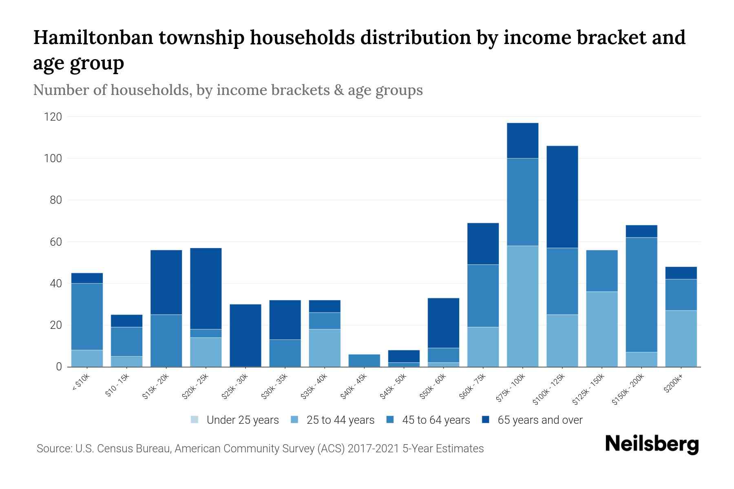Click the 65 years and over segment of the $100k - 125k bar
point(562,197)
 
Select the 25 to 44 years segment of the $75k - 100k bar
point(522,306)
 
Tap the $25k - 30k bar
point(245,335)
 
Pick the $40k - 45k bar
point(364,360)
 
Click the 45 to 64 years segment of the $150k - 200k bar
point(641,295)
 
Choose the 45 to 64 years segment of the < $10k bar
point(87,317)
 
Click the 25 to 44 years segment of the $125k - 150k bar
point(602,329)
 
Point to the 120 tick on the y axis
point(53,117)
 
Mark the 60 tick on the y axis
point(55,242)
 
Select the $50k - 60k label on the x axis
point(433,387)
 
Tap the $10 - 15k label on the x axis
point(117,385)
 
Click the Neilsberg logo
point(652,444)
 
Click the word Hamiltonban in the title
point(93,37)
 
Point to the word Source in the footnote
point(53,449)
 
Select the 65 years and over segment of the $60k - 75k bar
point(483,244)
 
